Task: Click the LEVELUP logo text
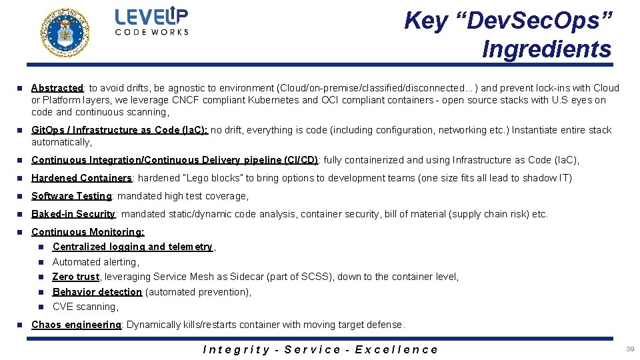[151, 17]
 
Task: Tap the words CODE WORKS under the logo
[152, 32]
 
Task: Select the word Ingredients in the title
[546, 49]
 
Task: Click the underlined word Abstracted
[57, 88]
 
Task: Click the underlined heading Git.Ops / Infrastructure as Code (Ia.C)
[120, 130]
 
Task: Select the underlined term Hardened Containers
[81, 178]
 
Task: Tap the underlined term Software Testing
[71, 196]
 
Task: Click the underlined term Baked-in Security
[73, 214]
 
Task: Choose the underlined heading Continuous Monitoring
[87, 232]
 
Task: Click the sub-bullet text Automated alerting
[95, 262]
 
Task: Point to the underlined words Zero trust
[75, 277]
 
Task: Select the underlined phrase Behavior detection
[97, 292]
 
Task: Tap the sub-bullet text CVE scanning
[85, 307]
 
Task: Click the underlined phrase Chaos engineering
[76, 325]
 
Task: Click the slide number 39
[630, 349]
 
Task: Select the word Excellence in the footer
[397, 349]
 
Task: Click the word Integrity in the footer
[236, 349]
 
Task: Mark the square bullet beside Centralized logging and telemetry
[41, 247]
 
